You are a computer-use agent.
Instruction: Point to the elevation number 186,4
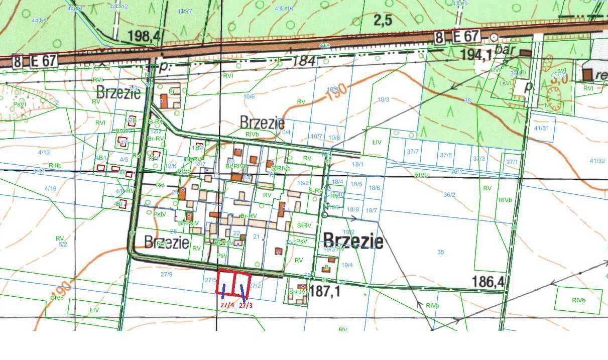[x=488, y=283]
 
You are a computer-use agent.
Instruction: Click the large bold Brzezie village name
[x=353, y=242]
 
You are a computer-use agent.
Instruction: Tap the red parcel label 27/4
[x=227, y=305]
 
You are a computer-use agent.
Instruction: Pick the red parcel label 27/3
[x=246, y=305]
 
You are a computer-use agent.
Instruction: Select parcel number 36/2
[x=449, y=195]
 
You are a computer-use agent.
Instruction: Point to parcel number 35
[x=441, y=252]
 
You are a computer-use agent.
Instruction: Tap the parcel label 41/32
[x=597, y=161]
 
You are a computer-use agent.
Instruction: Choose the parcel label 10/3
[x=383, y=100]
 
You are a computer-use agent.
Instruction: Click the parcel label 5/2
[x=63, y=245]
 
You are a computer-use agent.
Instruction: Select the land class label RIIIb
[x=55, y=165]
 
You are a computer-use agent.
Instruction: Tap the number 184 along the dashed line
[x=304, y=62]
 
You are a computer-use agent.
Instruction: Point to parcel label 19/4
[x=347, y=265]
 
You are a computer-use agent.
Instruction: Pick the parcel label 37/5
[x=446, y=156]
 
